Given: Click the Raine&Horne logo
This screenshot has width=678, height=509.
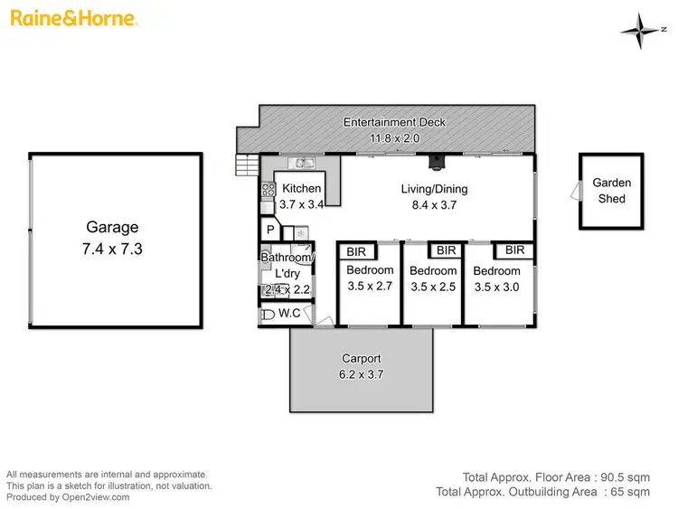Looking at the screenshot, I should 74,18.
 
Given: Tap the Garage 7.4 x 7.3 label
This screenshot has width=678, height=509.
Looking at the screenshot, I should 113,238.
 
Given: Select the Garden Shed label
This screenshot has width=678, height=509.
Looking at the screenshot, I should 611,190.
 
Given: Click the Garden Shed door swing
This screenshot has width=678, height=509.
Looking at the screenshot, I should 575,191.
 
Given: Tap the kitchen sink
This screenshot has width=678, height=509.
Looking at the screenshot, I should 302,163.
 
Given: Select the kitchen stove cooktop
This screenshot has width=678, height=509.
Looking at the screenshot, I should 268,190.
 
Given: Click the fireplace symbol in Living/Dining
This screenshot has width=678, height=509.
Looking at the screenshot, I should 437,164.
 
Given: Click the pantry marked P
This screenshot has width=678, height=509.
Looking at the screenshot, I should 269,230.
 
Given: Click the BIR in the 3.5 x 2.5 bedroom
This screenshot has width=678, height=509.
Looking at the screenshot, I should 446,250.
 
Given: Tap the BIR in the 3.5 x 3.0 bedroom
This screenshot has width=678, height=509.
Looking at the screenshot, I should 514,250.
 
